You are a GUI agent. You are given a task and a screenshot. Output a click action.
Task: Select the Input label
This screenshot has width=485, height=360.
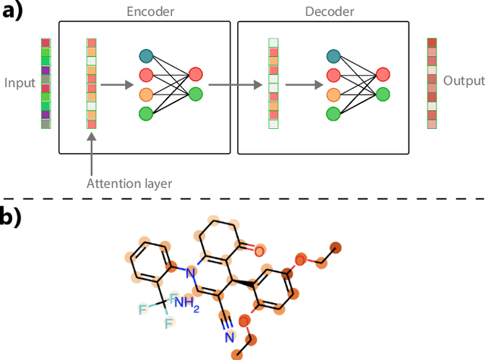[19, 82]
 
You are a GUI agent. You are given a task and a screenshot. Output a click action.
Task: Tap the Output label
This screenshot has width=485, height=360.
[463, 81]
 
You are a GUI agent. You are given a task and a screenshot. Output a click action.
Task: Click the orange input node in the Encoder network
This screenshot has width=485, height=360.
[147, 94]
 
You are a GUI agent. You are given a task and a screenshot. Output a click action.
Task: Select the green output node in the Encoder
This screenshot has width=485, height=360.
[196, 94]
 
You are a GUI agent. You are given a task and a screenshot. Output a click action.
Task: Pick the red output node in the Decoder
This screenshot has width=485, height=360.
[383, 74]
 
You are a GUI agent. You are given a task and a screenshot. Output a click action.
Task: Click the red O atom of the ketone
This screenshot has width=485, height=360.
[259, 251]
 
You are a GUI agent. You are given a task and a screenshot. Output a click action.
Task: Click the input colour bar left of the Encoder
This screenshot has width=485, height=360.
[45, 83]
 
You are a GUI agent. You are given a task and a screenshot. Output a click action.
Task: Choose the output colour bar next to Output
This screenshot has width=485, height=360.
[431, 83]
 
